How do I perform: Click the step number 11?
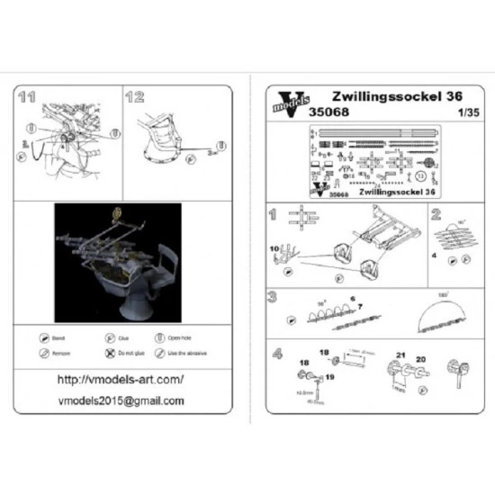pos(27,96)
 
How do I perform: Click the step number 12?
pos(135,96)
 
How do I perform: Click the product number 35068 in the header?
pos(328,112)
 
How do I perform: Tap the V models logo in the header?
pos(287,102)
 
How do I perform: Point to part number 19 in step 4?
pos(330,378)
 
